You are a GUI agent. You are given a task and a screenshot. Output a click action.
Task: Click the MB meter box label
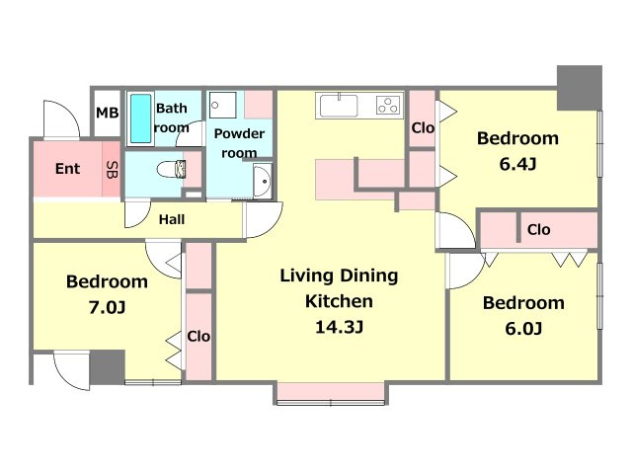coord(108,113)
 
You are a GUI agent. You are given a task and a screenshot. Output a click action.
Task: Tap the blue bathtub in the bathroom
coord(140,118)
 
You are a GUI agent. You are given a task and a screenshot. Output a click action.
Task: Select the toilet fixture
coord(171,169)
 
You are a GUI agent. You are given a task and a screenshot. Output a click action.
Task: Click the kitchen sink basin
coord(339,106)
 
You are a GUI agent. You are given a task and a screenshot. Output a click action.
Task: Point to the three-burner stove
coord(389,106)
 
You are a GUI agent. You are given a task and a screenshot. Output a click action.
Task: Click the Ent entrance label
coord(68,169)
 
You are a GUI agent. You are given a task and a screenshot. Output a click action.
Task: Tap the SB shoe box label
coord(112,170)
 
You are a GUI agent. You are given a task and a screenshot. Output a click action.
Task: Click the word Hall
coord(172,219)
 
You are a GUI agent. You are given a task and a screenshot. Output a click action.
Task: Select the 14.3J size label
coord(339,327)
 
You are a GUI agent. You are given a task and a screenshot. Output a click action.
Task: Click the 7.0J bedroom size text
coord(107,307)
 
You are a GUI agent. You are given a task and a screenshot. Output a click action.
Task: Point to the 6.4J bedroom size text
coord(517,164)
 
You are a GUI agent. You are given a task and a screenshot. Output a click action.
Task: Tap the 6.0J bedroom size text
coord(523,329)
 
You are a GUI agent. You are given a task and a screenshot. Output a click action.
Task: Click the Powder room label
coord(239,143)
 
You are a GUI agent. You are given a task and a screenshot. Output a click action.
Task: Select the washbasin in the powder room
coord(263,181)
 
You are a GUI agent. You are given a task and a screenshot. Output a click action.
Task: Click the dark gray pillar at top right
coord(580,88)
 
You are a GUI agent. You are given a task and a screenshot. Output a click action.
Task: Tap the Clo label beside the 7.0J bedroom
coord(198,336)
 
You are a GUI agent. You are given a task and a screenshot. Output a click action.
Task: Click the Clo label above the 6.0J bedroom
coord(538,230)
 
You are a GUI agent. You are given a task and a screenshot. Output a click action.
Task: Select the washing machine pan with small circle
coord(222,105)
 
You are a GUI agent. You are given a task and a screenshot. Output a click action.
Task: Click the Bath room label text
coord(171,118)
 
